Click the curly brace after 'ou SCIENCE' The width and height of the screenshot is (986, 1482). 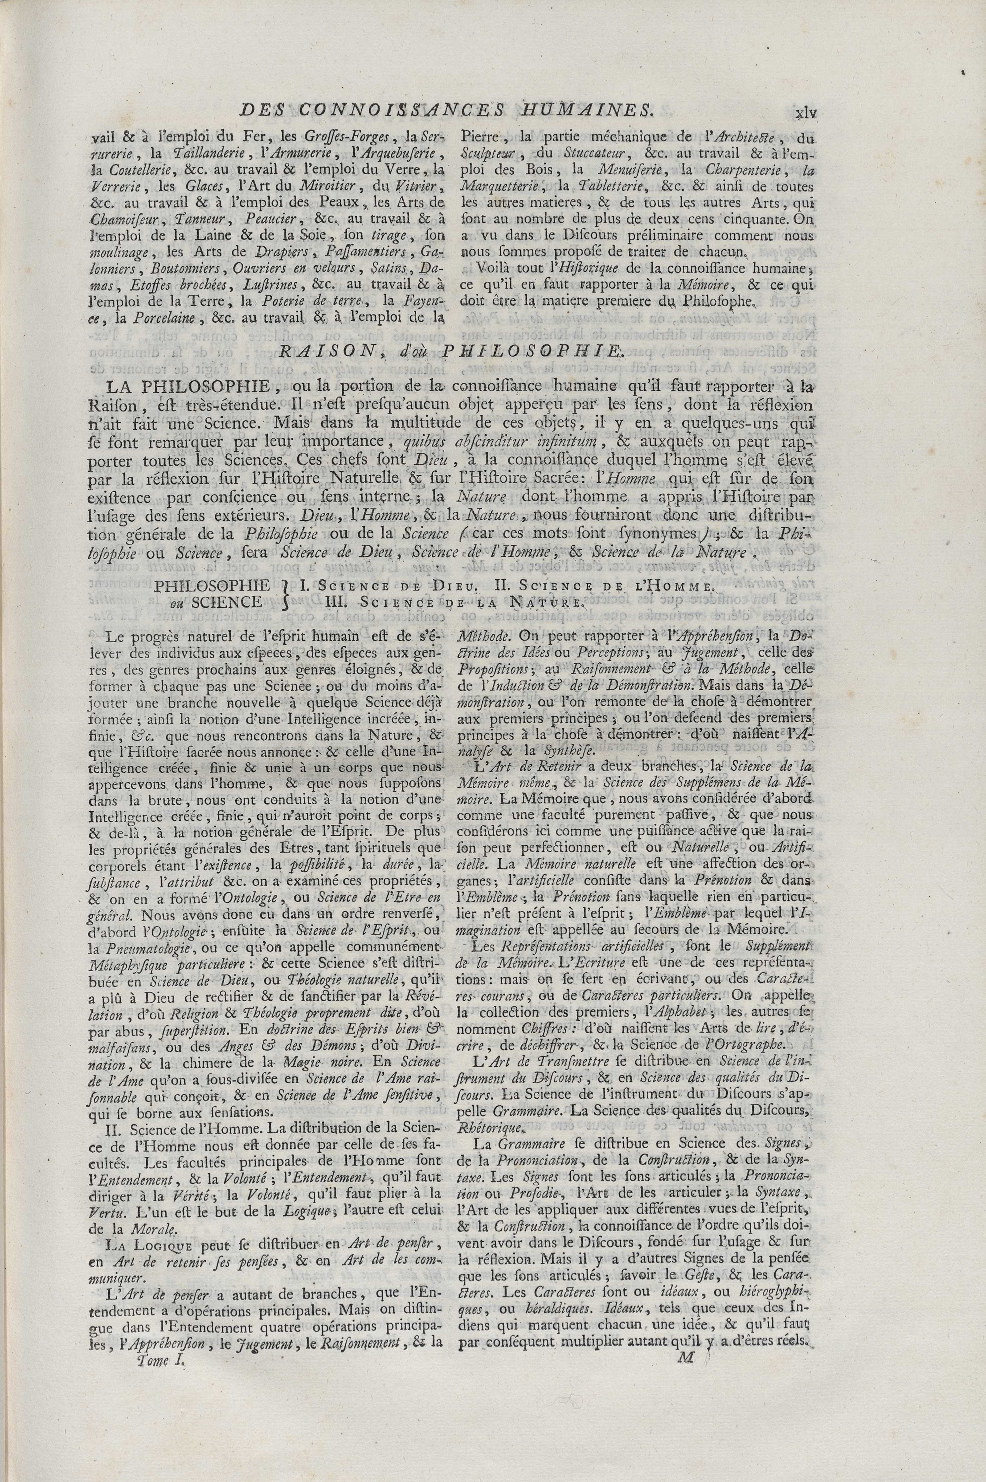(287, 593)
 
